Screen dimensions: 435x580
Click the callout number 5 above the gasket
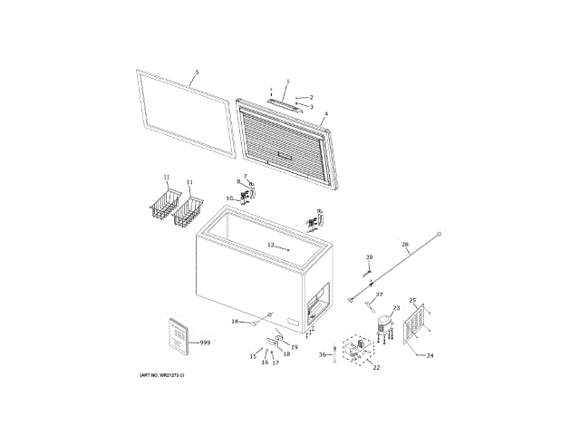pyautogui.click(x=197, y=72)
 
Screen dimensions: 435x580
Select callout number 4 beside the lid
pyautogui.click(x=325, y=114)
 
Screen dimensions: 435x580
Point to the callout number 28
pyautogui.click(x=405, y=245)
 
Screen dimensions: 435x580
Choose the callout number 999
pyautogui.click(x=205, y=343)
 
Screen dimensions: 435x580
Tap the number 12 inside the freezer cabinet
pyautogui.click(x=270, y=246)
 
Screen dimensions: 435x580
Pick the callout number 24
pyautogui.click(x=430, y=355)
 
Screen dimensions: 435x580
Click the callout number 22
pyautogui.click(x=376, y=368)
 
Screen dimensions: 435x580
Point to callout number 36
pyautogui.click(x=322, y=354)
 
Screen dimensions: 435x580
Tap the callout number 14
pyautogui.click(x=234, y=322)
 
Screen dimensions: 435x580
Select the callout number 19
pyautogui.click(x=294, y=347)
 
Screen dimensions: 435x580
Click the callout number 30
pyautogui.click(x=369, y=258)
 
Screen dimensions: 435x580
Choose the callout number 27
pyautogui.click(x=380, y=295)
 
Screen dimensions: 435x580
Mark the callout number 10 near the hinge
pyautogui.click(x=230, y=198)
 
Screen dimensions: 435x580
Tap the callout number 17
pyautogui.click(x=275, y=362)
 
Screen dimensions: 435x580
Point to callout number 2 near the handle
pyautogui.click(x=311, y=97)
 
